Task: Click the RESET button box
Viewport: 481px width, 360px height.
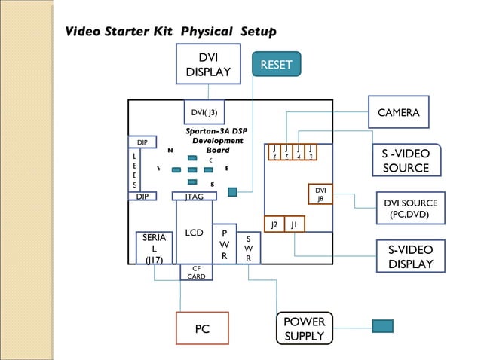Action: pos(276,65)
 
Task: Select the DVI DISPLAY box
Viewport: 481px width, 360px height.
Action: pos(208,65)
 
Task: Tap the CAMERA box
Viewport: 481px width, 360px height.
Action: pos(398,112)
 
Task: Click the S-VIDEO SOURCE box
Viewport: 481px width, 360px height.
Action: pos(406,160)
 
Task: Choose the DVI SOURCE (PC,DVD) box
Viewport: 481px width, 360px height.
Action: pos(410,209)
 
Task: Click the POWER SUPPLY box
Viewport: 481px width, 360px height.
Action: pos(304,328)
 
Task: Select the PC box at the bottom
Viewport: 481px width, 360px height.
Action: pos(202,328)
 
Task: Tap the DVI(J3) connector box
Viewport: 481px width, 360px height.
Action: pos(204,113)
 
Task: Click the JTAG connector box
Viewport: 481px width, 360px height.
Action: pos(195,197)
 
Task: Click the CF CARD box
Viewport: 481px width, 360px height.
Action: pos(196,272)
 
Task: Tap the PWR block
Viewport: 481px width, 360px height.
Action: pos(224,245)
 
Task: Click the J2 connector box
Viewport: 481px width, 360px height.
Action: pos(274,224)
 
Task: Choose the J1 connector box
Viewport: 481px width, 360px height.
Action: pos(294,224)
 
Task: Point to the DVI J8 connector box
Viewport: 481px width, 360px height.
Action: pos(320,194)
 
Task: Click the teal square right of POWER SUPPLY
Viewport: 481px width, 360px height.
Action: pos(382,326)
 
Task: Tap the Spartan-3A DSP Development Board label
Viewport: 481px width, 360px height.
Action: pos(216,140)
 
